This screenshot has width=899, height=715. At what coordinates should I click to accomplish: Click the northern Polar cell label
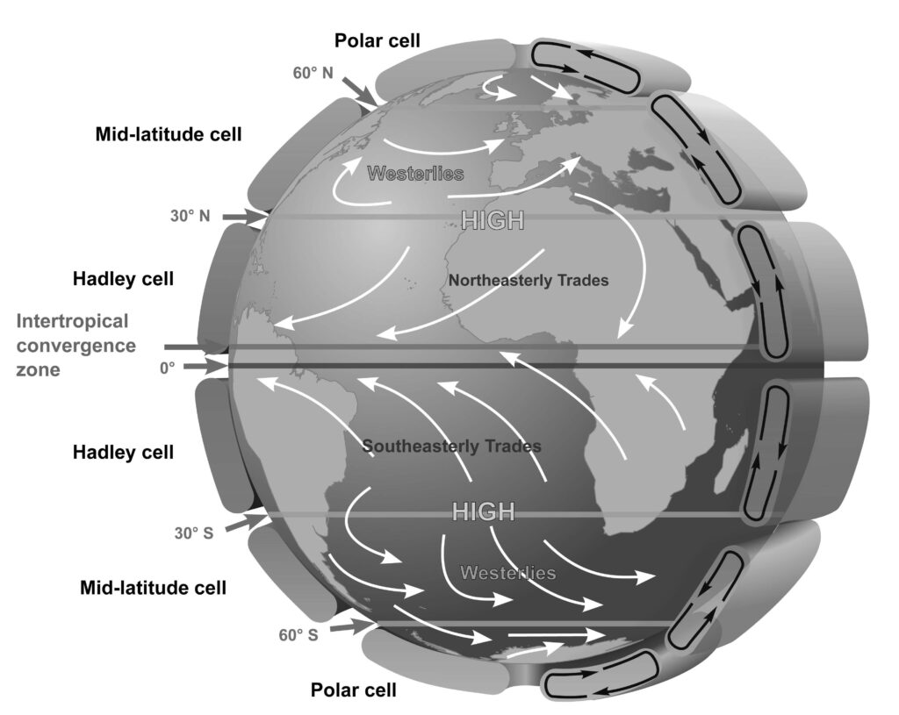point(378,40)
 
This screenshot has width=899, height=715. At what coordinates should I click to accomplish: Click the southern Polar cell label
point(353,690)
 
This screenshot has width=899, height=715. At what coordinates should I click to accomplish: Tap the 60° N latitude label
point(313,73)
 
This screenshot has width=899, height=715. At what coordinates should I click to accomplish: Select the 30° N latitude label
point(191,216)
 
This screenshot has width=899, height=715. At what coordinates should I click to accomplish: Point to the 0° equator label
point(168,368)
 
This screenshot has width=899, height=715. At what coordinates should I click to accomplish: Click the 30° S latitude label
point(194,533)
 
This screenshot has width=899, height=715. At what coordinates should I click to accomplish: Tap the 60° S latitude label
point(298,635)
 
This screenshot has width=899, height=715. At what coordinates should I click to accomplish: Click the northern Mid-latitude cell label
point(169,134)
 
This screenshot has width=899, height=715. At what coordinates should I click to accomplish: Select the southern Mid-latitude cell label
point(153,588)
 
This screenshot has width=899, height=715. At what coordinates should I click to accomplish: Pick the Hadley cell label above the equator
point(123,279)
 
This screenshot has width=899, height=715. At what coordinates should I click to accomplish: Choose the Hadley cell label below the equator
point(123,452)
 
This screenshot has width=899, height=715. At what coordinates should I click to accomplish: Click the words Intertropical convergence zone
point(76,345)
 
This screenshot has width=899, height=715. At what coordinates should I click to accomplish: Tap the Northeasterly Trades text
point(528,280)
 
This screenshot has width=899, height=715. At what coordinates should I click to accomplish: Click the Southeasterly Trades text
point(452,446)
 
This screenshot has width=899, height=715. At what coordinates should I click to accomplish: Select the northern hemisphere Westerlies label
point(415,173)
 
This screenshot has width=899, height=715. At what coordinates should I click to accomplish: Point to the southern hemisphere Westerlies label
point(508,572)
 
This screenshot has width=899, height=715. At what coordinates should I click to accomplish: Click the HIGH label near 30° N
point(493,220)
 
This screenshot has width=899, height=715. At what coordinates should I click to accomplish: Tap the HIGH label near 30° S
point(484,511)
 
